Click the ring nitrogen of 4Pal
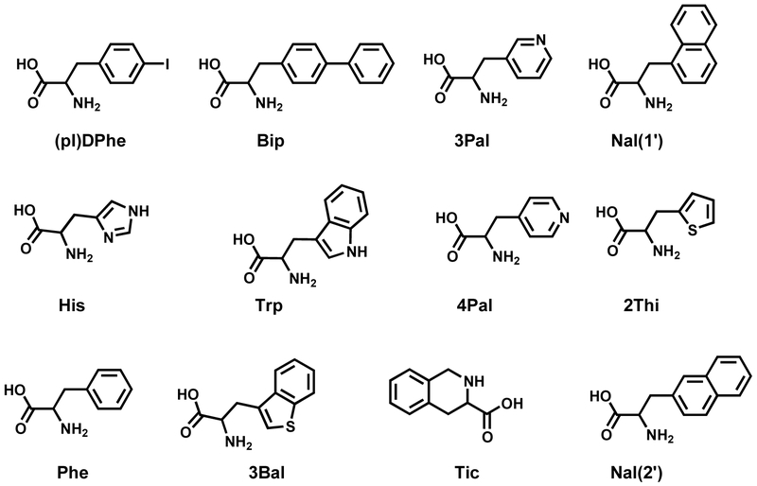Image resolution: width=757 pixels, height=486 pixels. [564, 220]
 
